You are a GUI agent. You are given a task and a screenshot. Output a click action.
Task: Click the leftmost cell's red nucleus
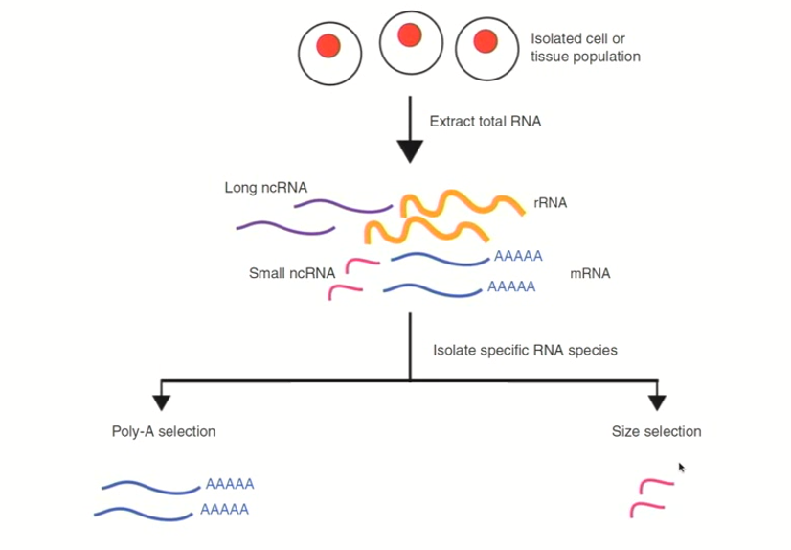pyautogui.click(x=328, y=45)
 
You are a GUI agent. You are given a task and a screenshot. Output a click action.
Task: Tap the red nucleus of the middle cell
pyautogui.click(x=410, y=35)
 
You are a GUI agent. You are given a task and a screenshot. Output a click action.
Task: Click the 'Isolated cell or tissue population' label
pyautogui.click(x=585, y=48)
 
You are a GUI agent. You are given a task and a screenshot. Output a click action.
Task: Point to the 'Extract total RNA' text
pyautogui.click(x=485, y=122)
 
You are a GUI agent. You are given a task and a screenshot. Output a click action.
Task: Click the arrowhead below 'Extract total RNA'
pyautogui.click(x=410, y=151)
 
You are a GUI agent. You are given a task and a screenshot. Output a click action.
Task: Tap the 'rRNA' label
pyautogui.click(x=551, y=203)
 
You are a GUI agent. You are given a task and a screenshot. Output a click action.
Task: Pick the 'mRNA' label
pyautogui.click(x=590, y=273)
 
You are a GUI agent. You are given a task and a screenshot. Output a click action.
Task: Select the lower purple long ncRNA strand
pyautogui.click(x=285, y=228)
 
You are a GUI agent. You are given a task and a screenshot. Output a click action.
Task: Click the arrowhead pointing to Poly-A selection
pyautogui.click(x=161, y=401)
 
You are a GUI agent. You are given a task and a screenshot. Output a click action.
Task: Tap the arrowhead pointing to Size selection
pyautogui.click(x=656, y=401)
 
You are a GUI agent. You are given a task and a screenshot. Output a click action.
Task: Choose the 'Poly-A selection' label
pyautogui.click(x=164, y=431)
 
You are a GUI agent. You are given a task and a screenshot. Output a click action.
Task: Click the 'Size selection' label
pyautogui.click(x=656, y=431)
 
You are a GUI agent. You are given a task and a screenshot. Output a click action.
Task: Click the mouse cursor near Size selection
pyautogui.click(x=681, y=468)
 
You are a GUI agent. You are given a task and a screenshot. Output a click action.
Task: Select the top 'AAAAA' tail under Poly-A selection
pyautogui.click(x=230, y=485)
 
